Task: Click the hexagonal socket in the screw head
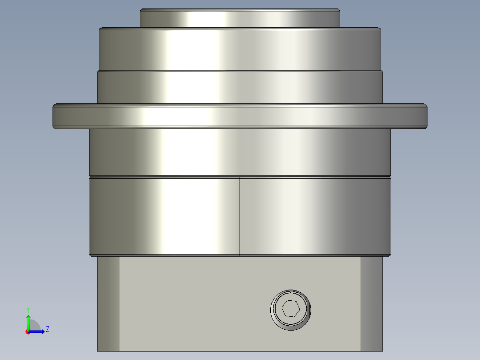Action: [290, 309]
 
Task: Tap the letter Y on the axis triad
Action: [28, 309]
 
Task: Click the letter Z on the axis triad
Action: [47, 329]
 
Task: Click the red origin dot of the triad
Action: [28, 332]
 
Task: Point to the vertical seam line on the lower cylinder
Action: [240, 216]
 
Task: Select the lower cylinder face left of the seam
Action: [165, 216]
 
